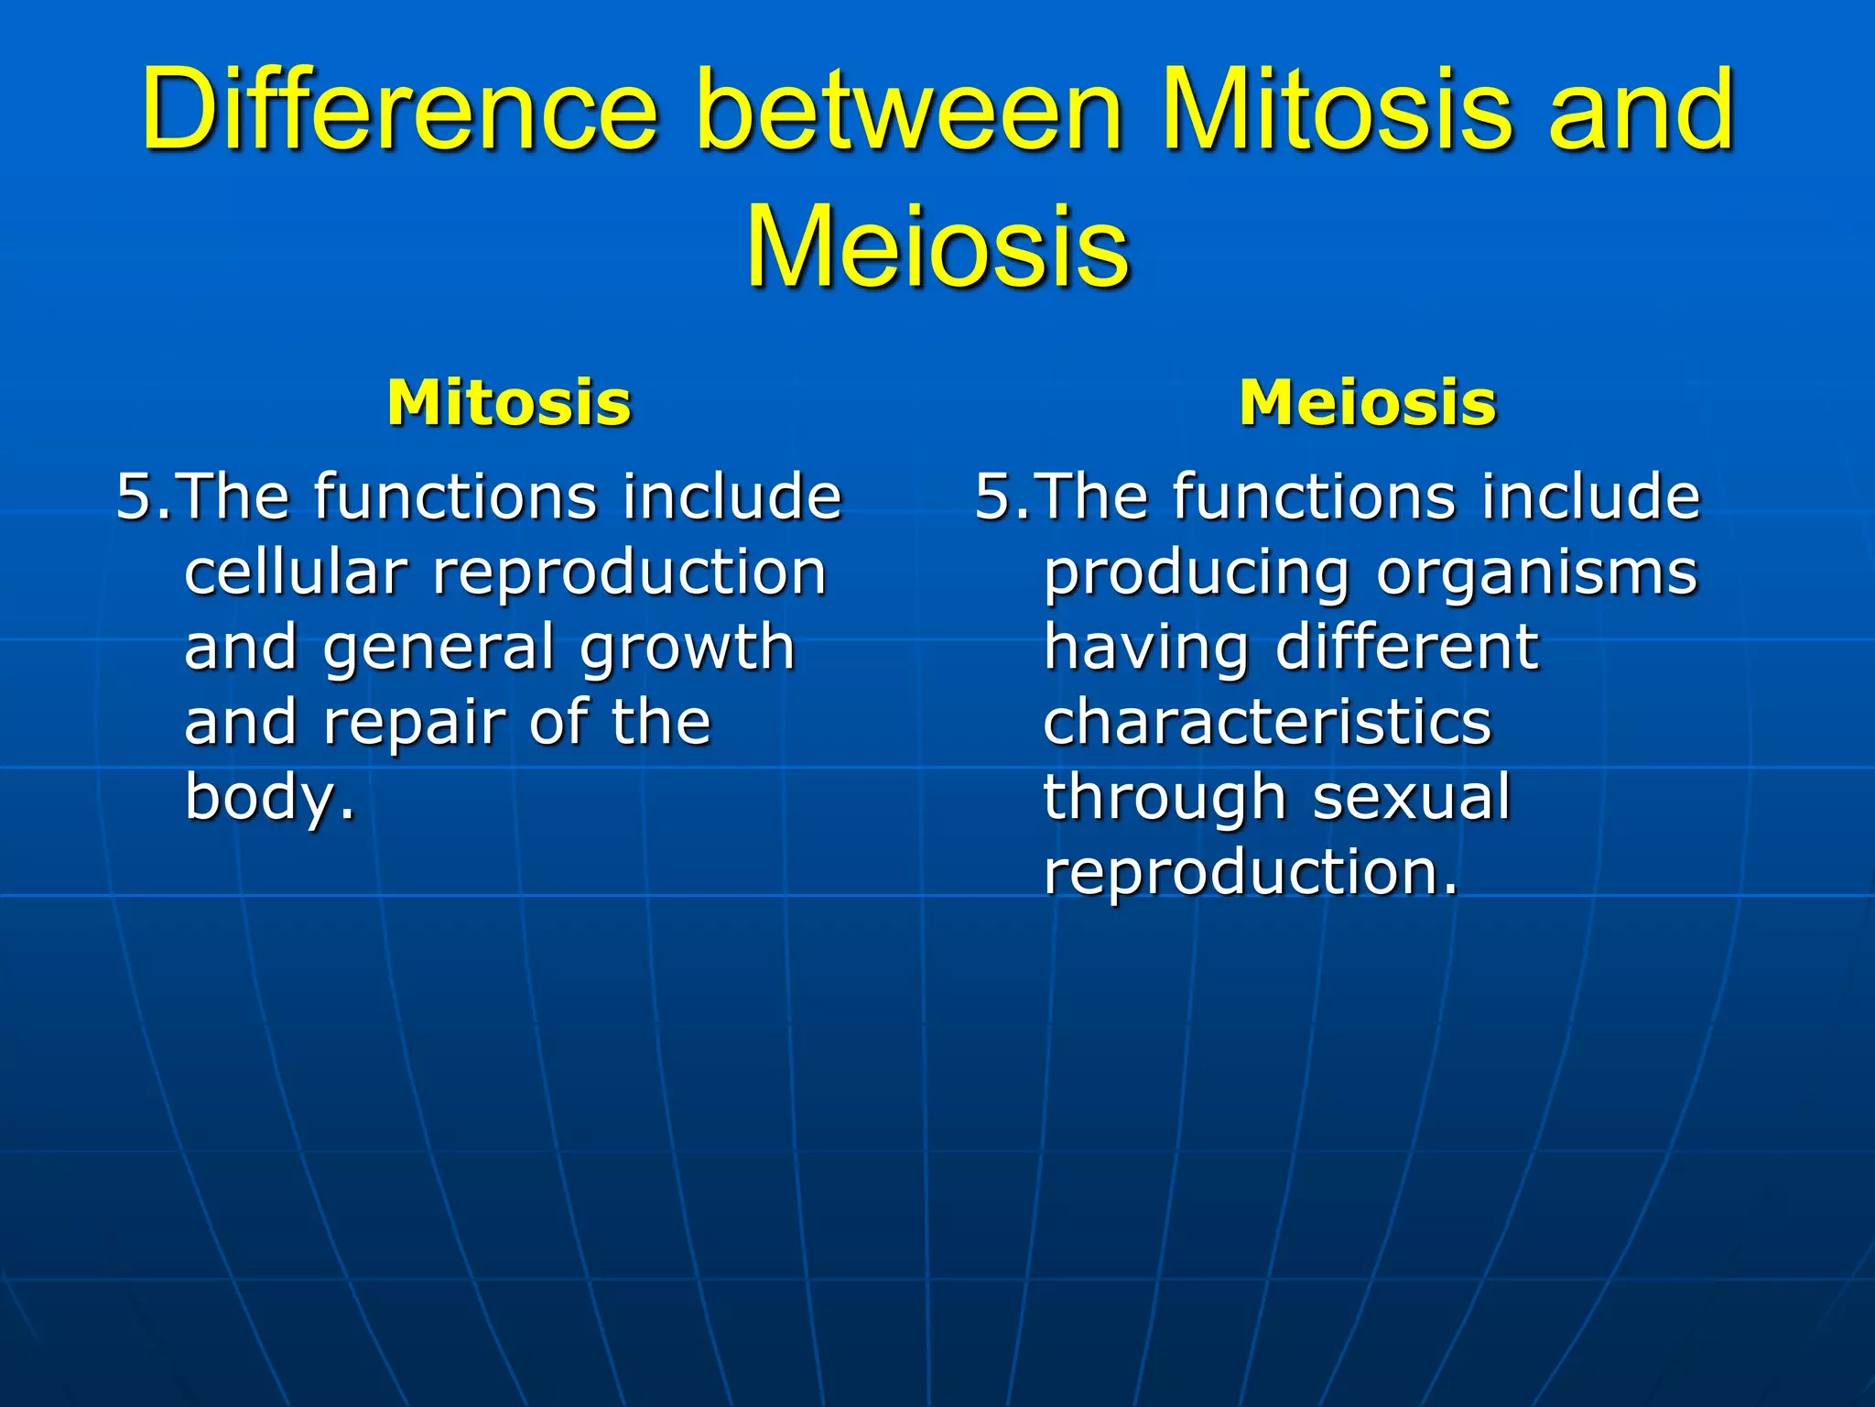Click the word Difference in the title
[399, 110]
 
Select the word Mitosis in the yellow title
[1337, 110]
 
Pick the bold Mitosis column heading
[509, 403]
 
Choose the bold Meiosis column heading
[1368, 403]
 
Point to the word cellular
[295, 573]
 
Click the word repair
[415, 723]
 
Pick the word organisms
[1537, 573]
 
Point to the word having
[1146, 648]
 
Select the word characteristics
[1267, 723]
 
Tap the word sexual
[1412, 797]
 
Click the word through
[1165, 797]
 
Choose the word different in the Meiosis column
[1407, 648]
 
